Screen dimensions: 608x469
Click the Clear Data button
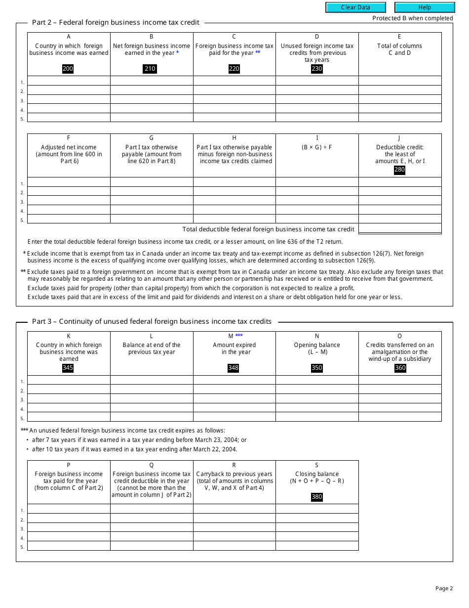pyautogui.click(x=355, y=7)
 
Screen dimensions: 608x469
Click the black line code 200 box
pyautogui.click(x=68, y=69)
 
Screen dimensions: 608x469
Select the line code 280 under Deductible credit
pyautogui.click(x=399, y=170)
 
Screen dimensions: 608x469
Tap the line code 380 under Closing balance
pyautogui.click(x=317, y=497)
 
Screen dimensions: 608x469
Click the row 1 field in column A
pyautogui.click(x=69, y=81)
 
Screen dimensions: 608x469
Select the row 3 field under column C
pyautogui.click(x=234, y=99)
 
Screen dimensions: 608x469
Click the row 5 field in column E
pyautogui.click(x=400, y=118)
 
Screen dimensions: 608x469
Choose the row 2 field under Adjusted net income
pyautogui.click(x=69, y=191)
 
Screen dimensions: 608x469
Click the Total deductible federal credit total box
pyautogui.click(x=400, y=228)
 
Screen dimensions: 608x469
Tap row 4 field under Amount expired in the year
pyautogui.click(x=234, y=408)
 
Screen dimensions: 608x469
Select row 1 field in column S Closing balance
pyautogui.click(x=317, y=509)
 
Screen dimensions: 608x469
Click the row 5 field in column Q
pyautogui.click(x=152, y=546)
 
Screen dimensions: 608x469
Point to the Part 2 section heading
pyautogui.click(x=116, y=22)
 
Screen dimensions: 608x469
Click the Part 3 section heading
pyautogui.click(x=152, y=321)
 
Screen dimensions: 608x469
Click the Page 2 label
pyautogui.click(x=444, y=588)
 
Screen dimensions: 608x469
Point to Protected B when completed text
pyautogui.click(x=412, y=18)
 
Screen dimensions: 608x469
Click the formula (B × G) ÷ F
pyautogui.click(x=317, y=147)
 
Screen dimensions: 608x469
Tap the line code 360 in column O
pyautogui.click(x=400, y=368)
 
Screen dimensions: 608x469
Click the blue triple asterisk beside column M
pyautogui.click(x=239, y=336)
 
